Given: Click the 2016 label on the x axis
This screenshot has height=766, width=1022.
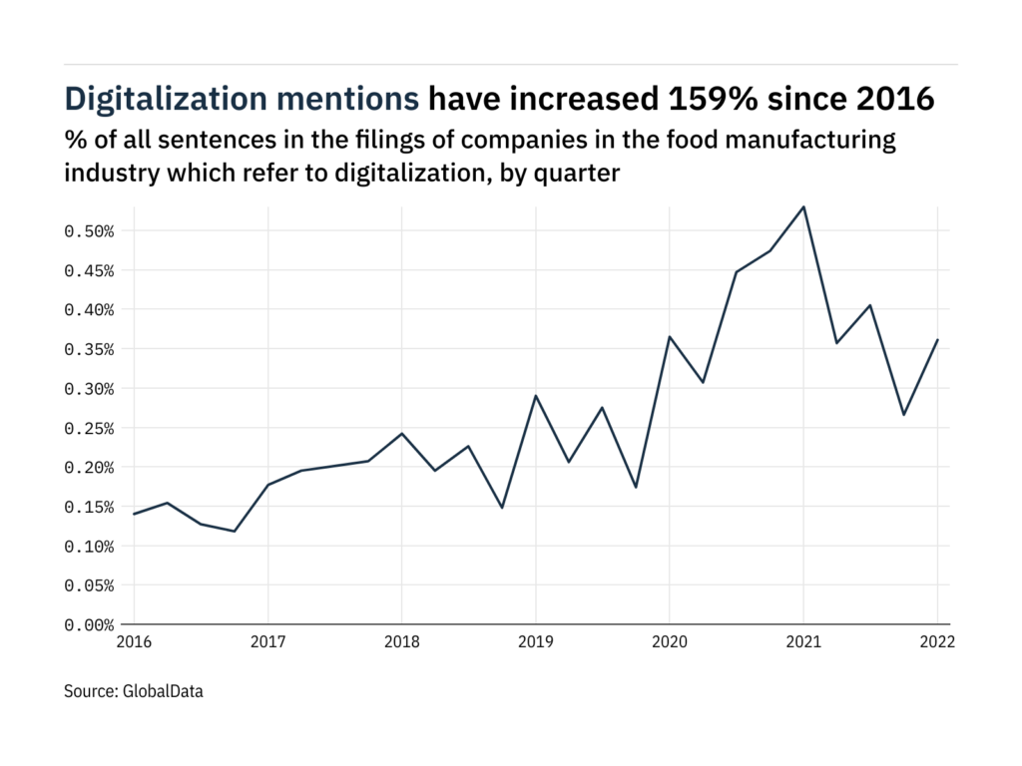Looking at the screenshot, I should point(134,643).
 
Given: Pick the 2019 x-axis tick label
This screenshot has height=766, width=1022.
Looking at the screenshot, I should point(535,643).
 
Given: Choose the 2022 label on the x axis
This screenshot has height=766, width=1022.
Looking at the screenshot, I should point(937,643).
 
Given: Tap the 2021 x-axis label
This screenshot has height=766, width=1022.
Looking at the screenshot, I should point(803,643).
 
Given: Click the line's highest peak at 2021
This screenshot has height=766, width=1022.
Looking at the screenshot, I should point(803,206).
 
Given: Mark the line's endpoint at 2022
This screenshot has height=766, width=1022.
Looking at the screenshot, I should point(937,340).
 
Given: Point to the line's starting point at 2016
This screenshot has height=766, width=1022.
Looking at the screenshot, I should point(134,514).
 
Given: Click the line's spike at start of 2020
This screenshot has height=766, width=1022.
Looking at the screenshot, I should point(669,337).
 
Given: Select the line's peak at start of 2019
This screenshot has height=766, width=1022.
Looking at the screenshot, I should point(535,396).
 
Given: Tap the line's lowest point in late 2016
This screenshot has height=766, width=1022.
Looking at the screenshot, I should point(235,531).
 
